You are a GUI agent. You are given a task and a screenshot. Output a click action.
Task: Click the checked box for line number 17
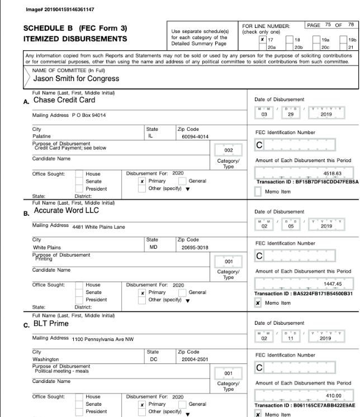(x=262, y=40)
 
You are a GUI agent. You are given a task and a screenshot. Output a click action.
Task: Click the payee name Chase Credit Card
(x=64, y=100)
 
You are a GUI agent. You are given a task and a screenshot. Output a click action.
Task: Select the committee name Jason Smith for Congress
(x=68, y=79)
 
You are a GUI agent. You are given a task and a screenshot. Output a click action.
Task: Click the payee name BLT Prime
(x=51, y=324)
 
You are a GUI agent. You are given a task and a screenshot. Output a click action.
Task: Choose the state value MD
(x=154, y=247)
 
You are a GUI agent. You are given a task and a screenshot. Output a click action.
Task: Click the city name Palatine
(x=42, y=136)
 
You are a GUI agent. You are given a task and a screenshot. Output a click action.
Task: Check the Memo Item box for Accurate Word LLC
(x=258, y=303)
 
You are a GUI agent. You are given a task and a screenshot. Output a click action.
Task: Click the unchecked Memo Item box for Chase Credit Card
(x=258, y=191)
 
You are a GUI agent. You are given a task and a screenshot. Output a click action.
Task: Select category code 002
(x=228, y=150)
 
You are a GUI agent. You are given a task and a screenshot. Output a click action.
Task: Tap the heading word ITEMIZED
(x=46, y=39)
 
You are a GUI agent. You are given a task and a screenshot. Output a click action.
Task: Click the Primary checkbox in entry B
(x=143, y=292)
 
